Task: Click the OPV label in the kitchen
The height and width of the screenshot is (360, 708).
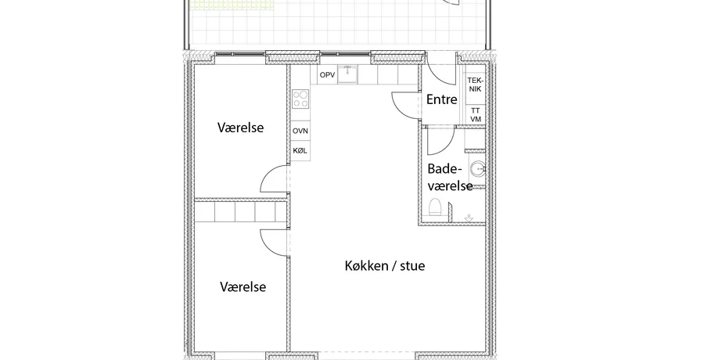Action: click(x=327, y=75)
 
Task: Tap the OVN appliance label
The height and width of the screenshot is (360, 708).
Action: click(x=300, y=131)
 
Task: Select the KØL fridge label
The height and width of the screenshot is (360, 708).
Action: click(x=300, y=151)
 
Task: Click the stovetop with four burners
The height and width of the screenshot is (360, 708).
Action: click(x=300, y=99)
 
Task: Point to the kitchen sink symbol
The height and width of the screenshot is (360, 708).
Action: click(x=347, y=74)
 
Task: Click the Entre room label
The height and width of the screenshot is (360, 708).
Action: click(x=441, y=99)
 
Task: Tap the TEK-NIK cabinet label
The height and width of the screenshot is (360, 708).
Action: click(x=475, y=85)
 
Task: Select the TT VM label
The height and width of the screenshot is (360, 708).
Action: click(x=476, y=115)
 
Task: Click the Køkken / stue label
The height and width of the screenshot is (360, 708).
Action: click(x=385, y=265)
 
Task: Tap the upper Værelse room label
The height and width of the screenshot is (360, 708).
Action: click(x=240, y=128)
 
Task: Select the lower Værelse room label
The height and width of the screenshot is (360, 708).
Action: click(x=243, y=286)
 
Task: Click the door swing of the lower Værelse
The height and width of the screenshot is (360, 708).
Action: click(x=268, y=248)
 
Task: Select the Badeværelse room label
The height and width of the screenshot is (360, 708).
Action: click(x=450, y=177)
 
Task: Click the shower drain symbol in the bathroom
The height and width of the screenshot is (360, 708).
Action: click(x=469, y=218)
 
